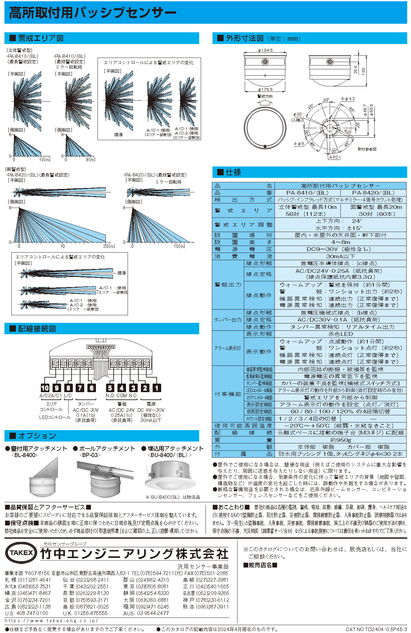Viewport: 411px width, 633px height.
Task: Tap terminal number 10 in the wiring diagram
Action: click(x=45, y=388)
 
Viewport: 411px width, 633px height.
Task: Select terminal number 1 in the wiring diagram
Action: click(x=157, y=388)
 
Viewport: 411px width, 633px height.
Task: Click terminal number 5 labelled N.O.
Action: click(x=110, y=388)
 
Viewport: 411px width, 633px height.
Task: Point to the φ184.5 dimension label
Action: click(x=265, y=50)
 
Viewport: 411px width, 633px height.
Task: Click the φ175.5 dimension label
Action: click(x=265, y=90)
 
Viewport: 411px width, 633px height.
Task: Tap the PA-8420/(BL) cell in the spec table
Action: click(x=373, y=192)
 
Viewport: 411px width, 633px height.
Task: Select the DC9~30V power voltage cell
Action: click(x=340, y=249)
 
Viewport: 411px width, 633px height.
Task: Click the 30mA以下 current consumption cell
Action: click(x=340, y=256)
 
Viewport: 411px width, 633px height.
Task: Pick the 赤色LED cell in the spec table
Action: click(x=340, y=334)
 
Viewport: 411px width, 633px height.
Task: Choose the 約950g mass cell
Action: click(x=340, y=440)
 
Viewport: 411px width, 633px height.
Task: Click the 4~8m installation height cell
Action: click(x=340, y=242)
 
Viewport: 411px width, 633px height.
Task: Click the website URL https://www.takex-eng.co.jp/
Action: click(x=51, y=621)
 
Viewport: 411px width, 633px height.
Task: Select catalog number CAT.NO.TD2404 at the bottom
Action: click(x=376, y=629)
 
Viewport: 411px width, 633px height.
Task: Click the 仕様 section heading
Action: click(x=234, y=172)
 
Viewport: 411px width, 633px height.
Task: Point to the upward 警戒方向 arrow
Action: click(x=265, y=103)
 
